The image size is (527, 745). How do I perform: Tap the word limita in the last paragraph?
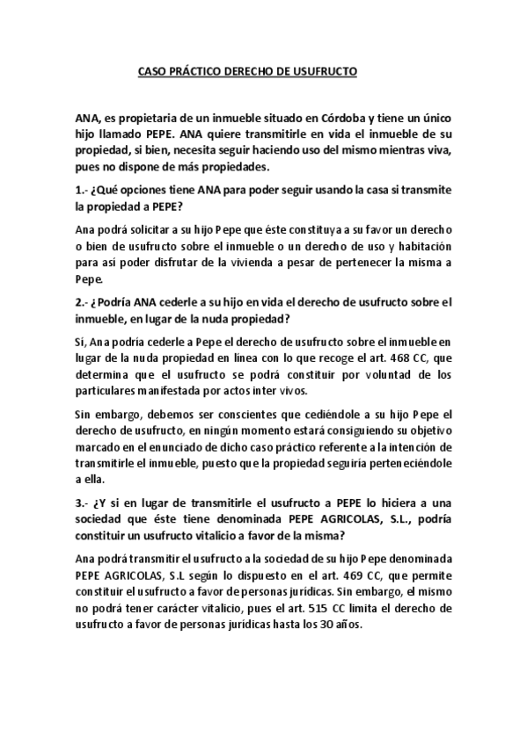click(x=383, y=607)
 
